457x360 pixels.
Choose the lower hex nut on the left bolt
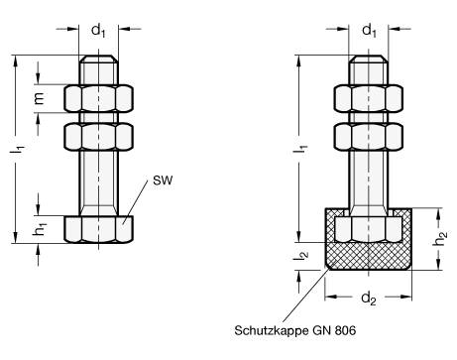pyautogui.click(x=98, y=134)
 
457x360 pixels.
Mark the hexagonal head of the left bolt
pyautogui.click(x=98, y=228)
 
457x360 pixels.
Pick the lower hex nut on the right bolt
pyautogui.click(x=370, y=134)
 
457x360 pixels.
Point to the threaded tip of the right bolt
pyautogui.click(x=370, y=72)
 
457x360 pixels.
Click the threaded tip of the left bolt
pyautogui.click(x=98, y=72)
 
